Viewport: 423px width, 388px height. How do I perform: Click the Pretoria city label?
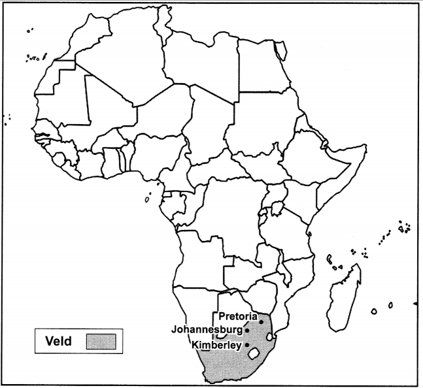tap(237, 316)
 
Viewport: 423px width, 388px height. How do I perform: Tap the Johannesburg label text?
tap(207, 329)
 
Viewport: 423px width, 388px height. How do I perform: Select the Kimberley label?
tap(216, 344)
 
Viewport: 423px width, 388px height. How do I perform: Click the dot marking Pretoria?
tap(261, 321)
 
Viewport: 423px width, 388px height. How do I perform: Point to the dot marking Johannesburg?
tap(247, 331)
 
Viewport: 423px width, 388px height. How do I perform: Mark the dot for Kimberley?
tap(247, 344)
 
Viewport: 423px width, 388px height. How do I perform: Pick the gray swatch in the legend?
tap(100, 340)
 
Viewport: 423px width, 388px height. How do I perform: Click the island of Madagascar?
tap(345, 294)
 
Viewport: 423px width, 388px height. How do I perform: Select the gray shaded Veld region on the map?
tap(229, 366)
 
